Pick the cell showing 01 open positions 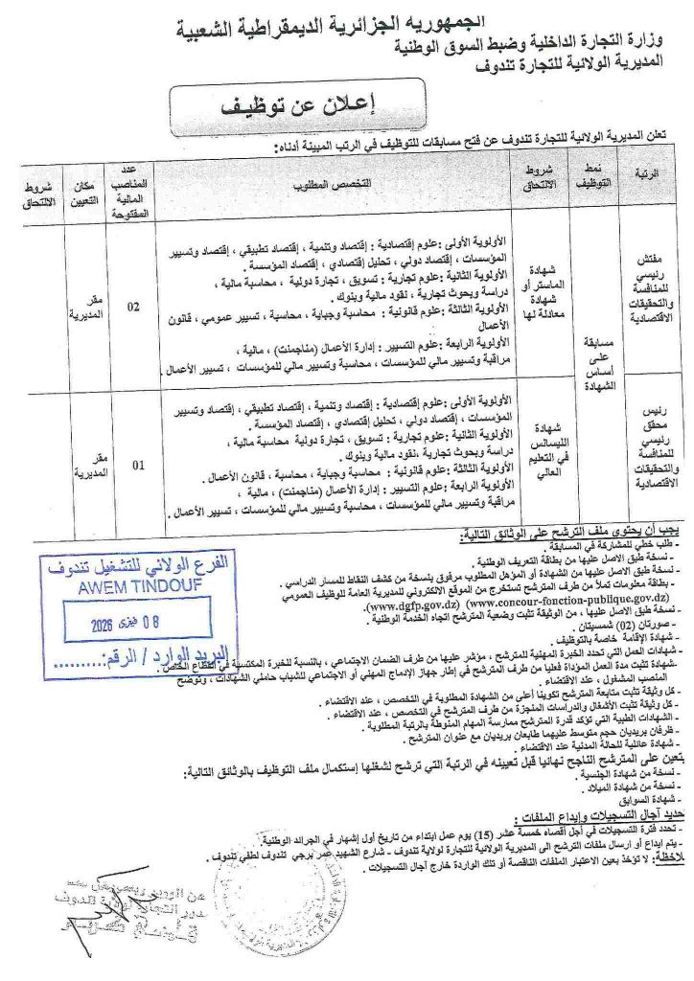coord(138,467)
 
